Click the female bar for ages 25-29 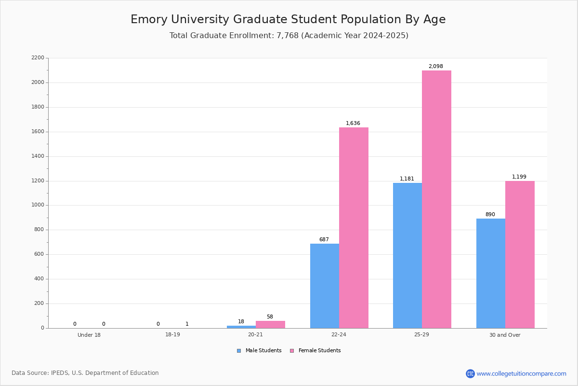pos(436,199)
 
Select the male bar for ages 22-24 pos(325,286)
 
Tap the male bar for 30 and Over pos(491,274)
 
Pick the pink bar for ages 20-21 pos(270,325)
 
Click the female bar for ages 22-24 pos(354,228)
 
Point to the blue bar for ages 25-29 pos(407,256)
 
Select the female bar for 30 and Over pos(520,255)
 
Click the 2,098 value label pos(436,67)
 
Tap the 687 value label pos(324,239)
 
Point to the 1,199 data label pos(519,177)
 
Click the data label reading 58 pos(270,317)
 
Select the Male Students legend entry pos(259,351)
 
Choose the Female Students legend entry pos(315,351)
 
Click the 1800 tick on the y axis pos(38,107)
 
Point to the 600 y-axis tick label pos(39,254)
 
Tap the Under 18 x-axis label pos(89,335)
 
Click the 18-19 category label pos(172,334)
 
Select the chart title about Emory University pos(288,19)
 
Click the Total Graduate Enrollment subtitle pos(289,35)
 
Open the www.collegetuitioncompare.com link pos(521,373)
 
